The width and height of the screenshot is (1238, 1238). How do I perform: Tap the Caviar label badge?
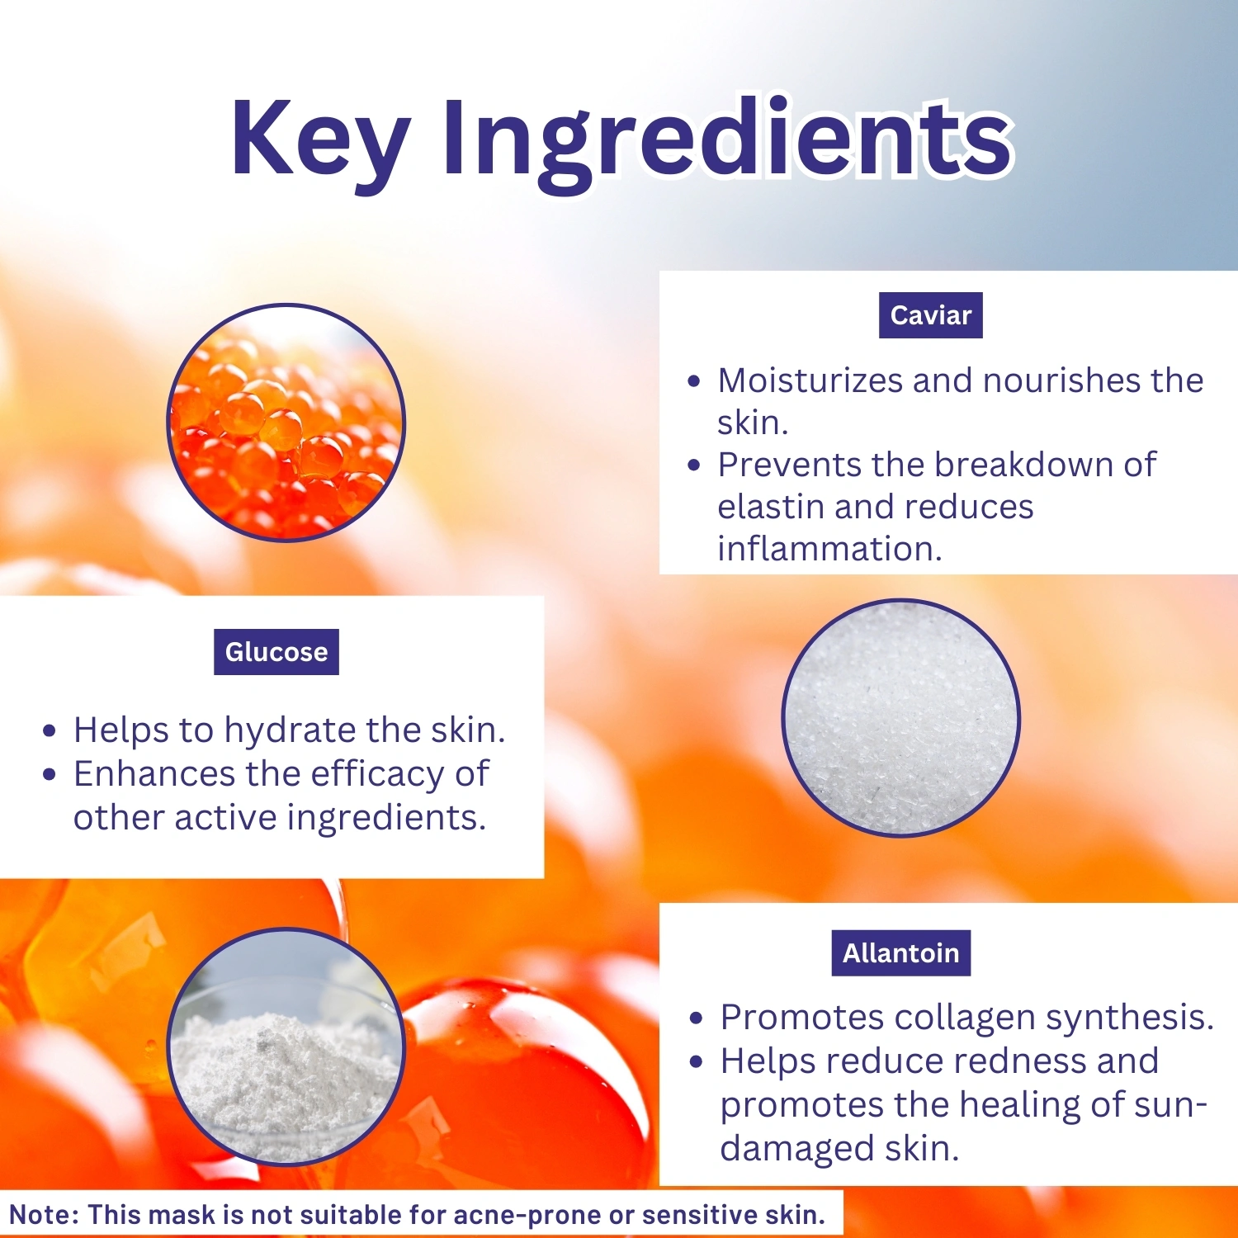(931, 315)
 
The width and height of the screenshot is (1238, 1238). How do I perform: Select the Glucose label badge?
(276, 652)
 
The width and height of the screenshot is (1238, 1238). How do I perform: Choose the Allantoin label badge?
(901, 953)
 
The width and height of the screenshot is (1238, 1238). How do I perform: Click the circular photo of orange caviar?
(286, 423)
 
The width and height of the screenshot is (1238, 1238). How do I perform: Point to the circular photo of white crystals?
(901, 718)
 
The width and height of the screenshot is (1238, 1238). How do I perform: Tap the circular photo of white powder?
(286, 1047)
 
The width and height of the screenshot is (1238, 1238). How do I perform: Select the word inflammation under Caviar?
(829, 549)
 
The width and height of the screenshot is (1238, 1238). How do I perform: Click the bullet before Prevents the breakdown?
(694, 465)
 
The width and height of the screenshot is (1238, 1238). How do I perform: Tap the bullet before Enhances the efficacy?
(50, 775)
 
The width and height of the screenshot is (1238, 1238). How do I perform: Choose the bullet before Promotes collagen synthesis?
(697, 1019)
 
